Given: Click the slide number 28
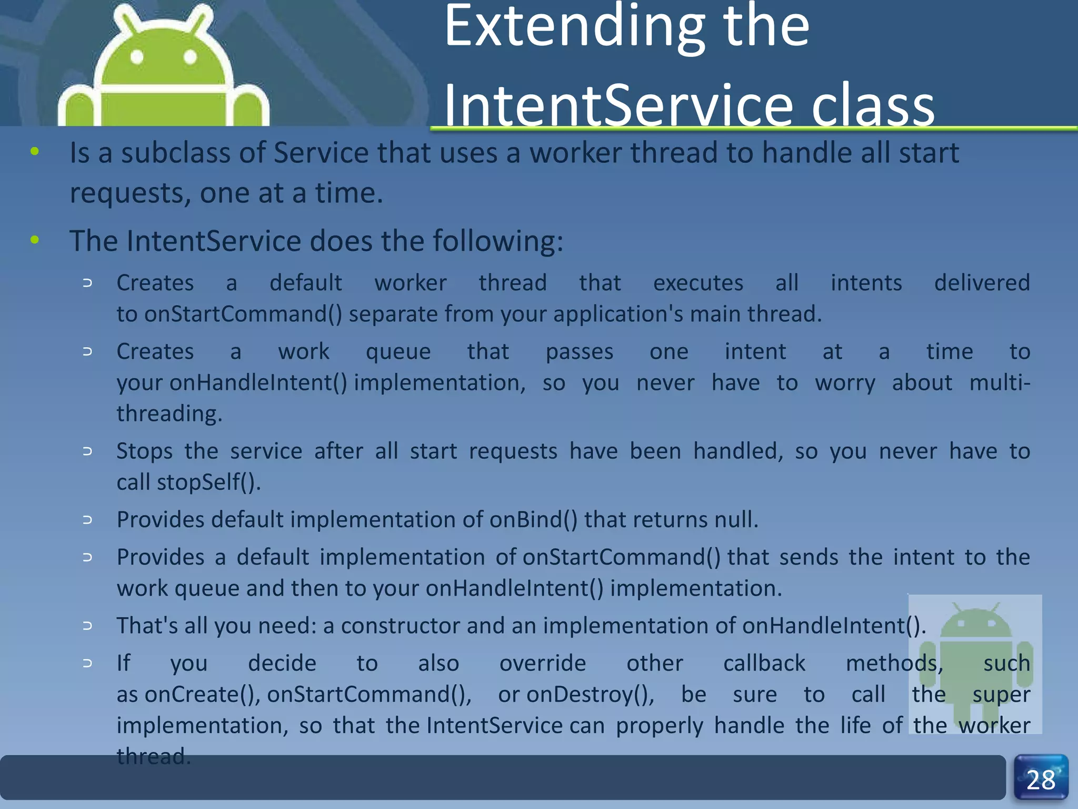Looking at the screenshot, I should [x=1041, y=780].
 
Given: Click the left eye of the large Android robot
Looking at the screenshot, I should [x=137, y=56].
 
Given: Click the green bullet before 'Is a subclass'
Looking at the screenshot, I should [x=35, y=152].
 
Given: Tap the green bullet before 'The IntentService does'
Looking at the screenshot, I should [x=35, y=241].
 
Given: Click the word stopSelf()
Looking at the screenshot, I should [x=209, y=482].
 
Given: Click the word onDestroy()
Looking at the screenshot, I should [x=590, y=695].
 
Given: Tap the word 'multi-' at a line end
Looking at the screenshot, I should [x=1000, y=383].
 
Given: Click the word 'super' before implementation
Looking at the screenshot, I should [x=1001, y=695].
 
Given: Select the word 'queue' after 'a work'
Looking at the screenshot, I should [x=398, y=352].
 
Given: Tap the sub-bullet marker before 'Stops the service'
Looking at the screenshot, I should [x=87, y=451].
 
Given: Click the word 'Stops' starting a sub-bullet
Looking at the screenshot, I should [x=144, y=451].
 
